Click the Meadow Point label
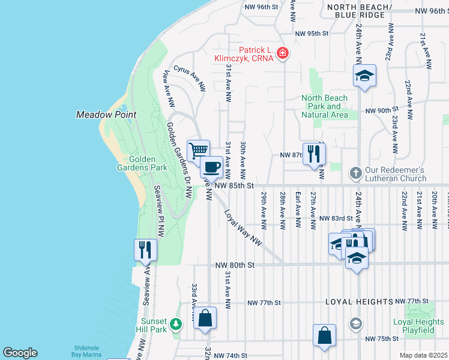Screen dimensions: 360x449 (106, 115)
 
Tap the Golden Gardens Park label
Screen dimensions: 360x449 (139, 164)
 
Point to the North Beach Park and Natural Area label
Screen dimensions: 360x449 (324, 106)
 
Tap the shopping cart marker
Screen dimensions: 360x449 (198, 150)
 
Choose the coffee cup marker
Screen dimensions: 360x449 (212, 166)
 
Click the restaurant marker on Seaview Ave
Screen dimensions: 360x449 (145, 249)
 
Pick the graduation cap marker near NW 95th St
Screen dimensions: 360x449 (364, 76)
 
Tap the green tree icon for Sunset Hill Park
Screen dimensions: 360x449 (175, 325)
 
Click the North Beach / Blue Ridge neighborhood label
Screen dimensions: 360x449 (360, 10)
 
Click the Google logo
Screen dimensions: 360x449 (20, 353)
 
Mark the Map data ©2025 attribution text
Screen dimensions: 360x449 (423, 355)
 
